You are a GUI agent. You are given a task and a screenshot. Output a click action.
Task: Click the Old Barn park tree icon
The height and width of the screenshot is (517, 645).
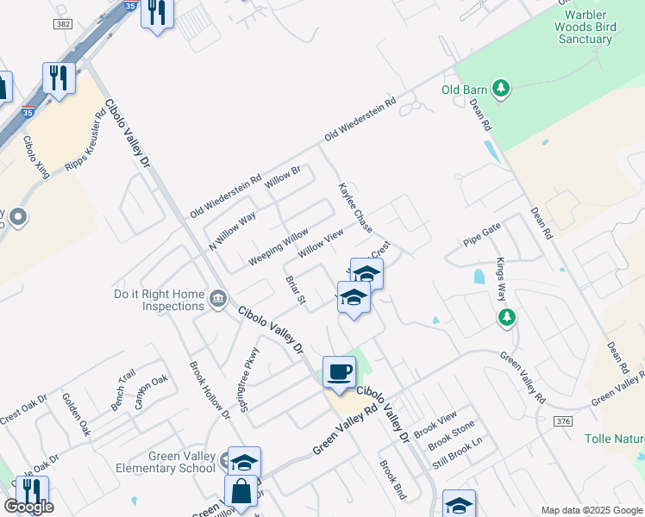(501, 88)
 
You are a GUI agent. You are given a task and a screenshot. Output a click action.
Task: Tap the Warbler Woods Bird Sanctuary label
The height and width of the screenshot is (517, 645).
(586, 26)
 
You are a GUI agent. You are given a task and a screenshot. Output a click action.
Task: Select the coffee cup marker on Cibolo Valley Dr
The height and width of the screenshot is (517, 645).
(339, 372)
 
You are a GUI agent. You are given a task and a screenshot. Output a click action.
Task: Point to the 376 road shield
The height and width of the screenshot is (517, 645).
(564, 420)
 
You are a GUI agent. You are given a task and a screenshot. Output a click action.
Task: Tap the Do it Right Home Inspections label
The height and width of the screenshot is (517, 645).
(160, 300)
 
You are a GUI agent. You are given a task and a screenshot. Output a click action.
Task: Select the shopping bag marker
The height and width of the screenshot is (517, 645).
(241, 493)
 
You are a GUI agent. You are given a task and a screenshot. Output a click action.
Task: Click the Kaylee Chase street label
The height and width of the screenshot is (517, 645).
(354, 208)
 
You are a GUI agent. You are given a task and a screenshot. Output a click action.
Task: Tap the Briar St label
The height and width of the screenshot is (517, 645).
(295, 291)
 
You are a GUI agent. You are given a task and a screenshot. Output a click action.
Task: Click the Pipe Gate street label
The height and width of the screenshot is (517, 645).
(481, 234)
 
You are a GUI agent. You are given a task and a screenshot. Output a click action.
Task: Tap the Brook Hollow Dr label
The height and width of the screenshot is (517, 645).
(210, 389)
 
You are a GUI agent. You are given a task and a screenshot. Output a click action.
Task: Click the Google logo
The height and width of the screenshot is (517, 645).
(28, 507)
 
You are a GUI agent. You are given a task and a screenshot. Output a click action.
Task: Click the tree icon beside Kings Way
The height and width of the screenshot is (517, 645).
(507, 317)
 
